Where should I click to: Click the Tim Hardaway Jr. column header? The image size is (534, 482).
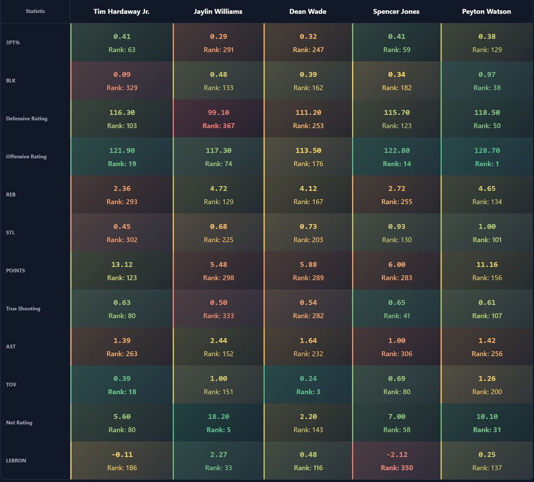(x=121, y=12)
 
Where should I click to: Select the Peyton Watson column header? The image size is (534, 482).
(x=486, y=12)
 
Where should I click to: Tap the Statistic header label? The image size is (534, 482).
(x=35, y=11)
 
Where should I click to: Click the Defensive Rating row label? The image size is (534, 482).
(x=27, y=119)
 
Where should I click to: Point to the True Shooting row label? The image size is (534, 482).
(x=23, y=309)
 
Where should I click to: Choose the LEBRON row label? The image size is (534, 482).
(x=16, y=461)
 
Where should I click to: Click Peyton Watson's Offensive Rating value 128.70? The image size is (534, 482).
(x=487, y=151)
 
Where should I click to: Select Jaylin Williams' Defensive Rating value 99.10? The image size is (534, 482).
(x=219, y=113)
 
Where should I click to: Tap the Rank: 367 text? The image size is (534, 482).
(x=219, y=126)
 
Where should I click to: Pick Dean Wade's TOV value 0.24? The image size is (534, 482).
(x=308, y=379)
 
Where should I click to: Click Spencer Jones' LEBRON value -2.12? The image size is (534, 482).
(x=397, y=455)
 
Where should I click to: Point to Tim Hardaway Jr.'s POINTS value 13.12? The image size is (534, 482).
(x=122, y=265)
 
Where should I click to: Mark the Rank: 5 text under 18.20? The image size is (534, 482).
(x=219, y=430)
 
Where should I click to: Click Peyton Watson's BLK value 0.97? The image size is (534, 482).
(x=487, y=75)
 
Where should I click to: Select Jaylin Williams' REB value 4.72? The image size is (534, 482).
(x=219, y=189)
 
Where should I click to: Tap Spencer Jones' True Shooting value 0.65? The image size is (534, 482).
(x=397, y=303)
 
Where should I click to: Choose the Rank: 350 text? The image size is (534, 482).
(x=397, y=468)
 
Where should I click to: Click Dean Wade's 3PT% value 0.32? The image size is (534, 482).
(x=308, y=37)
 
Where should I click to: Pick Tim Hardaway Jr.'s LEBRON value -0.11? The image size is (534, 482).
(x=122, y=455)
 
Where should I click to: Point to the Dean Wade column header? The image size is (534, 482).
(x=308, y=12)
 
